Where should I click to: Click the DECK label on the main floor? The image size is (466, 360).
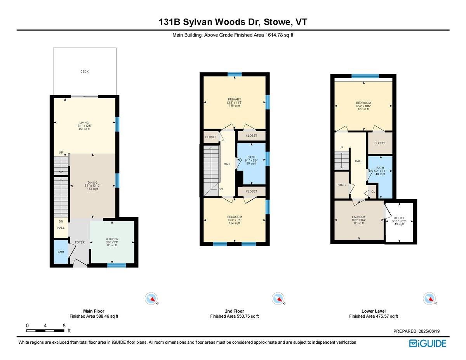point(84,71)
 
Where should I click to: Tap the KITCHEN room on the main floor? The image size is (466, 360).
point(112,239)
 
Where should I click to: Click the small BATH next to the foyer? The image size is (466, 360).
point(61,252)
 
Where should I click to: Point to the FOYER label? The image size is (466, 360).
point(80,242)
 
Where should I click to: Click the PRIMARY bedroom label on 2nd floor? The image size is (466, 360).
point(235,99)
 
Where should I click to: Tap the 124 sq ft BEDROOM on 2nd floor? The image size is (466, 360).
point(235,220)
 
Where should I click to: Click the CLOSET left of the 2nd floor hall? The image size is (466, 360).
point(211,137)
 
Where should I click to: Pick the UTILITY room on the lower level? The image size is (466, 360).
point(399,221)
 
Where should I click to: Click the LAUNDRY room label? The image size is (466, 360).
point(359,217)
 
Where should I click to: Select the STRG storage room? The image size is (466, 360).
point(341,185)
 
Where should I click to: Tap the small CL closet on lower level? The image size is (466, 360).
point(373,191)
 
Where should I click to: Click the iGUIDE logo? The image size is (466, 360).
point(428,343)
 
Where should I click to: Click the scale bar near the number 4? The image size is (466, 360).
point(45,330)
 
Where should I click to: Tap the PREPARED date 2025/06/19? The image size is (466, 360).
point(419,331)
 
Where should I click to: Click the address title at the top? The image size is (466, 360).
point(233,22)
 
